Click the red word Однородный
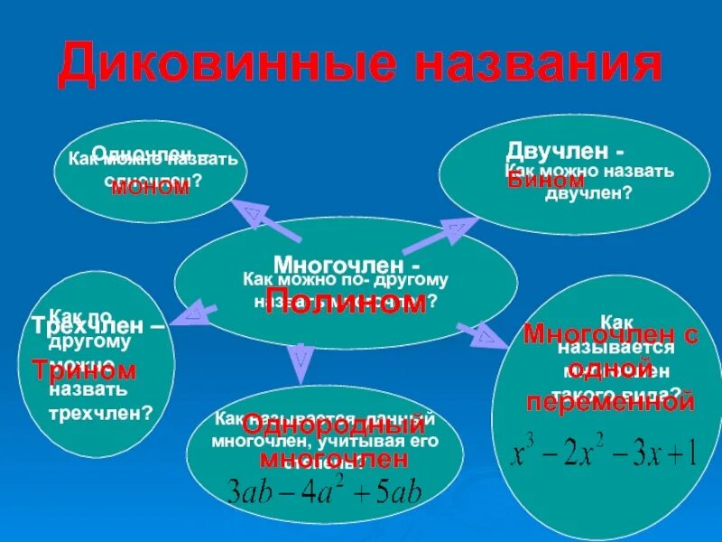pyautogui.click(x=334, y=424)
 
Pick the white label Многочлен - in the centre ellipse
pyautogui.click(x=347, y=266)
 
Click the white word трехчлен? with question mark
pyautogui.click(x=99, y=413)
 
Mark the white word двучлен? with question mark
pyautogui.click(x=588, y=192)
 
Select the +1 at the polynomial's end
pyautogui.click(x=681, y=452)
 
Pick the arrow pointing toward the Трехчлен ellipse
pyautogui.click(x=194, y=313)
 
